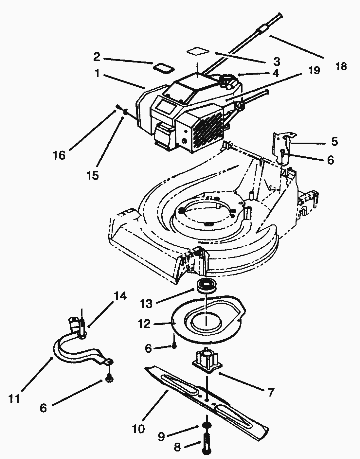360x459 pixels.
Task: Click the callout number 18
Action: pyautogui.click(x=341, y=66)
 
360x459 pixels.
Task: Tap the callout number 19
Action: pyautogui.click(x=314, y=70)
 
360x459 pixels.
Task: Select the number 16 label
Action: pyautogui.click(x=59, y=155)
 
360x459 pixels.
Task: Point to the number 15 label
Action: pyautogui.click(x=93, y=175)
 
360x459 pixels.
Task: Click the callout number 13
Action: pyautogui.click(x=146, y=304)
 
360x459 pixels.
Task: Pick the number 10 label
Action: pyautogui.click(x=138, y=429)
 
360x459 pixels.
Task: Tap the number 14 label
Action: pyautogui.click(x=120, y=296)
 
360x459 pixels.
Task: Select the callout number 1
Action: pyautogui.click(x=97, y=74)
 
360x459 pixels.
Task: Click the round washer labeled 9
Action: pyautogui.click(x=206, y=426)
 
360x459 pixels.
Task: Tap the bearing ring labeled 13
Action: pyautogui.click(x=205, y=285)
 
